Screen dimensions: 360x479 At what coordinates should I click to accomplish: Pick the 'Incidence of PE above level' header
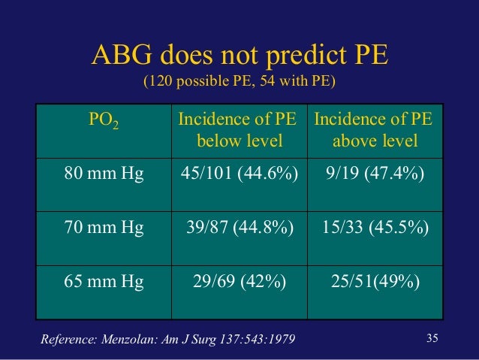[378, 130]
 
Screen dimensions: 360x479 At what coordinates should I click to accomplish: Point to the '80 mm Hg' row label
[102, 175]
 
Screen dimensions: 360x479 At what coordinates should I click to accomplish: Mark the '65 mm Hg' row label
[102, 282]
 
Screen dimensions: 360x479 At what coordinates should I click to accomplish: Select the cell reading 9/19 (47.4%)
[378, 175]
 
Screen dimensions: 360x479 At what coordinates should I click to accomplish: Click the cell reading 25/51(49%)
[378, 282]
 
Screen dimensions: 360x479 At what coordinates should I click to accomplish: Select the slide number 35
[431, 337]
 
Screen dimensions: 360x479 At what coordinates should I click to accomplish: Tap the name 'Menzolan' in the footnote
[125, 340]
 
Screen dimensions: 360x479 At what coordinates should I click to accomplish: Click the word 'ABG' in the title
[116, 56]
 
